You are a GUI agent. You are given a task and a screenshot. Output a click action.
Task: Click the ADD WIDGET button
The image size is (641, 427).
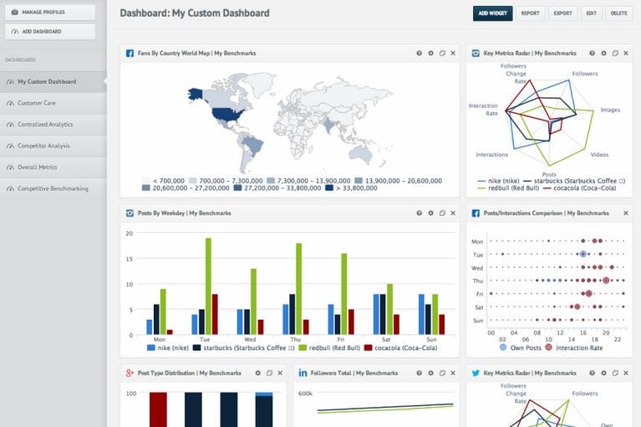[x=492, y=13]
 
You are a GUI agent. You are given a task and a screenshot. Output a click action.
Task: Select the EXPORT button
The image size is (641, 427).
[x=562, y=13]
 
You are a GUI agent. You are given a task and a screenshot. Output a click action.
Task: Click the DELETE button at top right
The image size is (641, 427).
[x=618, y=13]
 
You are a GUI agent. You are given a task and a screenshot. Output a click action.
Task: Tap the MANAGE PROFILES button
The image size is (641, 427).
[x=50, y=13]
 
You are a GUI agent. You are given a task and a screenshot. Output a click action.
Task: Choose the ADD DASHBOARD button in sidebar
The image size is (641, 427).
[x=50, y=32]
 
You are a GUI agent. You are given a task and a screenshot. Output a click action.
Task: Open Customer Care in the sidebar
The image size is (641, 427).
[x=37, y=103]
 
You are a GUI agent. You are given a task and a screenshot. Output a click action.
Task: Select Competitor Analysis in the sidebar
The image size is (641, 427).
[x=44, y=146]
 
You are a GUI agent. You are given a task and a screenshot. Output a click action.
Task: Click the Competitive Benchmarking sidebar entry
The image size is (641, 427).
[x=53, y=188]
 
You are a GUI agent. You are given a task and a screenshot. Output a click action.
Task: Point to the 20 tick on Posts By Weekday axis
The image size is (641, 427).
[x=129, y=233]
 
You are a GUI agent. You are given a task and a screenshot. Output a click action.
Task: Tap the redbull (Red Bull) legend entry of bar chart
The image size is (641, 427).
[x=326, y=347]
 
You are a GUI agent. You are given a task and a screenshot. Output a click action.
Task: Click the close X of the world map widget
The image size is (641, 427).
[x=453, y=53]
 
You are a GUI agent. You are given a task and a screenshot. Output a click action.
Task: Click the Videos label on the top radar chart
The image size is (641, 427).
[x=599, y=155]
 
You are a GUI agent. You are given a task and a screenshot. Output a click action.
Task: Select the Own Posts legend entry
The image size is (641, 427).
[x=521, y=347]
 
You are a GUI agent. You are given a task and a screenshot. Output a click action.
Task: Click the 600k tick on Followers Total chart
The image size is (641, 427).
[x=305, y=394]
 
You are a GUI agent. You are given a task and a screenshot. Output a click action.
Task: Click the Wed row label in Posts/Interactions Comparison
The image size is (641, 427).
[x=478, y=268]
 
